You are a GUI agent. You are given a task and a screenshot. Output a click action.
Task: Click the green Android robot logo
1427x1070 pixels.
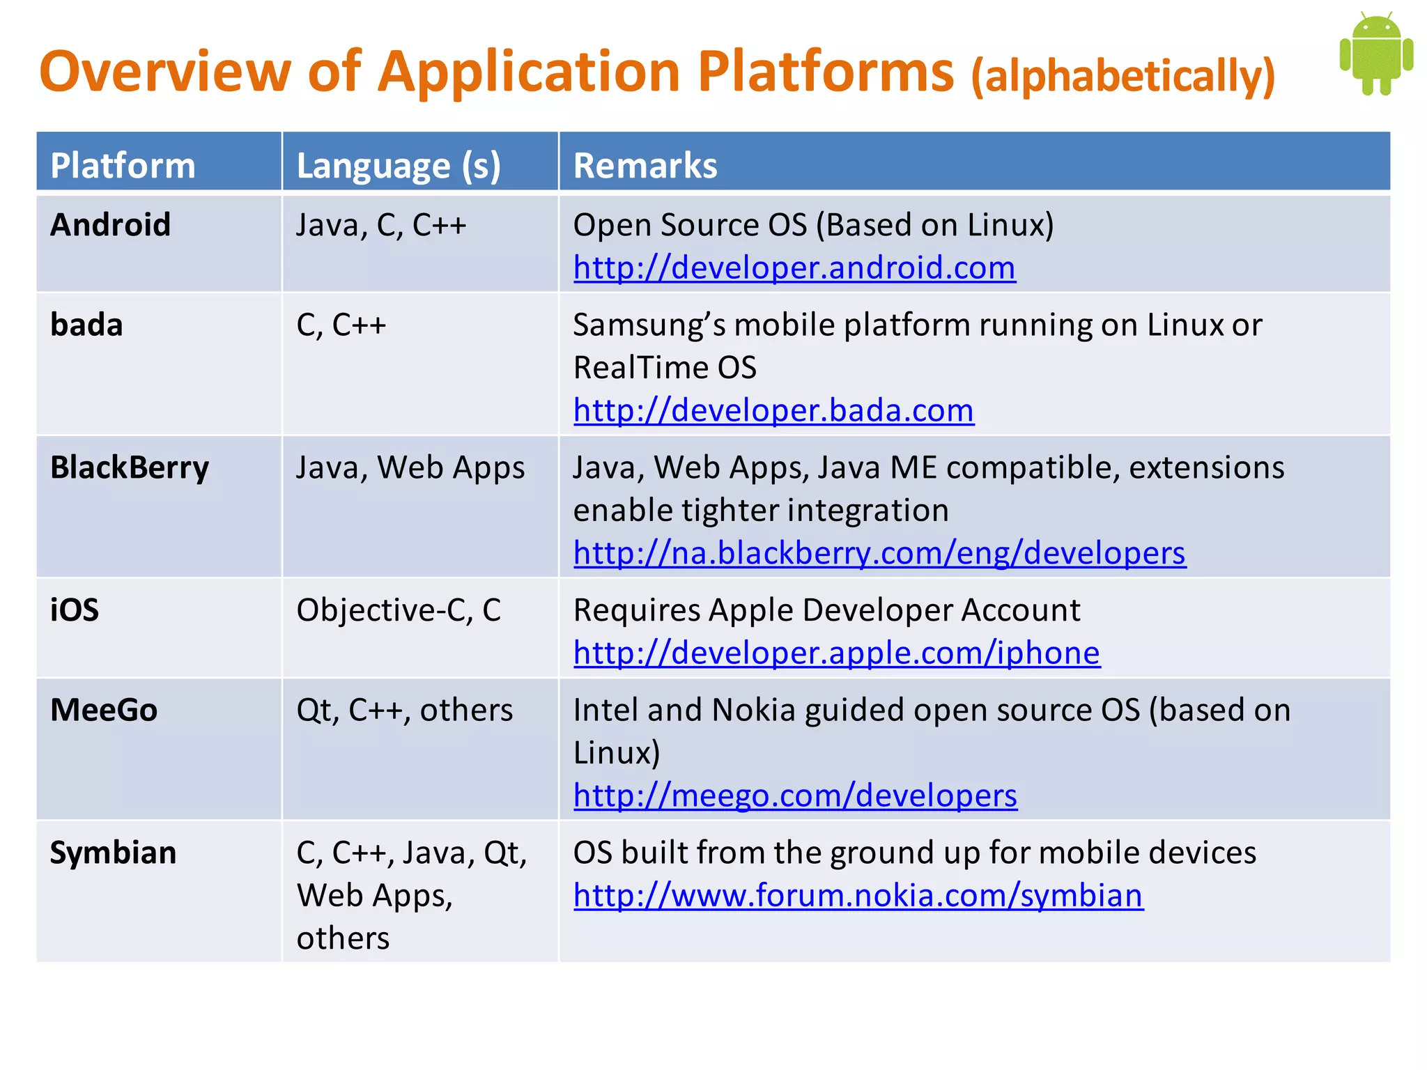pyautogui.click(x=1375, y=54)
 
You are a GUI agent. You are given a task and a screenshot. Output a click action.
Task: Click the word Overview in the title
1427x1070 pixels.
pyautogui.click(x=164, y=72)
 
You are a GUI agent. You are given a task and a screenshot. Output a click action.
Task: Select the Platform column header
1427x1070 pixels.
pyautogui.click(x=123, y=166)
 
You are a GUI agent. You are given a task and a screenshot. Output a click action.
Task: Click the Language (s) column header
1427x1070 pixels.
pyautogui.click(x=399, y=166)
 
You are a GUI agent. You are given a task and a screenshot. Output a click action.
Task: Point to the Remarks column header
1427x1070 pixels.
pyautogui.click(x=645, y=166)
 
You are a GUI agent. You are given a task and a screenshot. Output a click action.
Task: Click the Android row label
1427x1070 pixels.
pyautogui.click(x=110, y=225)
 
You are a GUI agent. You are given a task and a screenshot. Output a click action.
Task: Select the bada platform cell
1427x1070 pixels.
pyautogui.click(x=86, y=325)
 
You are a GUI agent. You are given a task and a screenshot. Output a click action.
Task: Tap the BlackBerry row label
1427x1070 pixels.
pyautogui.click(x=130, y=467)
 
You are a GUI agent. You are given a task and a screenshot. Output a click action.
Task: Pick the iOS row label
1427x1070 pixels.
pyautogui.click(x=75, y=610)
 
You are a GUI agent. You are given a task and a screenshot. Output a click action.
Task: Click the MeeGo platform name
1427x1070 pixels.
pyautogui.click(x=104, y=710)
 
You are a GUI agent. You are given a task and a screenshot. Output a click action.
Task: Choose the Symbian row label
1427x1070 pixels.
pyautogui.click(x=113, y=853)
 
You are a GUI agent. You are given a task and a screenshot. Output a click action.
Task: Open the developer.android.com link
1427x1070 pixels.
pyautogui.click(x=794, y=268)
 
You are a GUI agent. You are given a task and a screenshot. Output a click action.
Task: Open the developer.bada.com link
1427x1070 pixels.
pyautogui.click(x=773, y=411)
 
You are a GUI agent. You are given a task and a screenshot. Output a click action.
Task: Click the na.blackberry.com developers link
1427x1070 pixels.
pyautogui.click(x=879, y=554)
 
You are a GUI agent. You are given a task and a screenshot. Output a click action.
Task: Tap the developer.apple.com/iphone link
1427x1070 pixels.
pyautogui.click(x=836, y=653)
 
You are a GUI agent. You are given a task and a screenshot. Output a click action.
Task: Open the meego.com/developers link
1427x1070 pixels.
pyautogui.click(x=795, y=796)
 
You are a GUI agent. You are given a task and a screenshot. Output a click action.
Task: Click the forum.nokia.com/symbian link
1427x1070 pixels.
pyautogui.click(x=858, y=896)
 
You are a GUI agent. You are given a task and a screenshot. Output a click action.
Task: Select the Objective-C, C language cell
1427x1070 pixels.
pyautogui.click(x=399, y=610)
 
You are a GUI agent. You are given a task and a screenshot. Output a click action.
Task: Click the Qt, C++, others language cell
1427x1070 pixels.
pyautogui.click(x=404, y=710)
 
